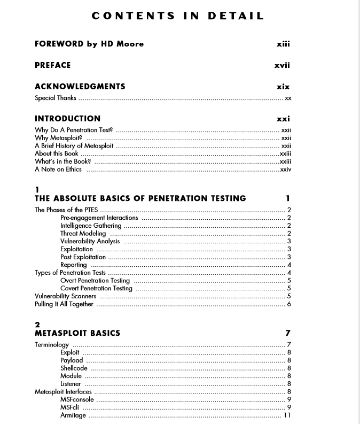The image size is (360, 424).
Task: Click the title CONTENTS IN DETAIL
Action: coord(178,16)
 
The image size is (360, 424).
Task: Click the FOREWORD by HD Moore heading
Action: coord(89,44)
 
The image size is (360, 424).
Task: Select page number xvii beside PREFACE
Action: coord(282,65)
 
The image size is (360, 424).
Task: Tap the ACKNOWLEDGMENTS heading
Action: coord(80,87)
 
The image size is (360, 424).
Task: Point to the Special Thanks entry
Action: coord(56,98)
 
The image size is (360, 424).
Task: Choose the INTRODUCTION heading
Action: coord(67,119)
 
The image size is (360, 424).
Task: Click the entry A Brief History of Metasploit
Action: coord(74,145)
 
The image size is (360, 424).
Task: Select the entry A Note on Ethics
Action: coord(58,169)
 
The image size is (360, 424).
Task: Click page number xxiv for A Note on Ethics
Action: coord(286,169)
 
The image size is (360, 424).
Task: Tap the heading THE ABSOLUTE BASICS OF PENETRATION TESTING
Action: coord(140,198)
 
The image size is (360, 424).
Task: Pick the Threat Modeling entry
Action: coord(83,234)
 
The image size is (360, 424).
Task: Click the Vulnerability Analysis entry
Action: coord(90,241)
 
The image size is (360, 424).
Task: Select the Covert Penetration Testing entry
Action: coord(96,288)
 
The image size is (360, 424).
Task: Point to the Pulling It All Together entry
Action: coord(64,304)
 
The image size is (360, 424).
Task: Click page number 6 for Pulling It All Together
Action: coord(289,304)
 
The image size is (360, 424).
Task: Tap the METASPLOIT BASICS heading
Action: coord(77,333)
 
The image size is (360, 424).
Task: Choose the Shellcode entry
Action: coord(74,368)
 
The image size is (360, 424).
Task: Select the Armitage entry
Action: coord(73,415)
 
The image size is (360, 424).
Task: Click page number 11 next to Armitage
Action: coord(287,415)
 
